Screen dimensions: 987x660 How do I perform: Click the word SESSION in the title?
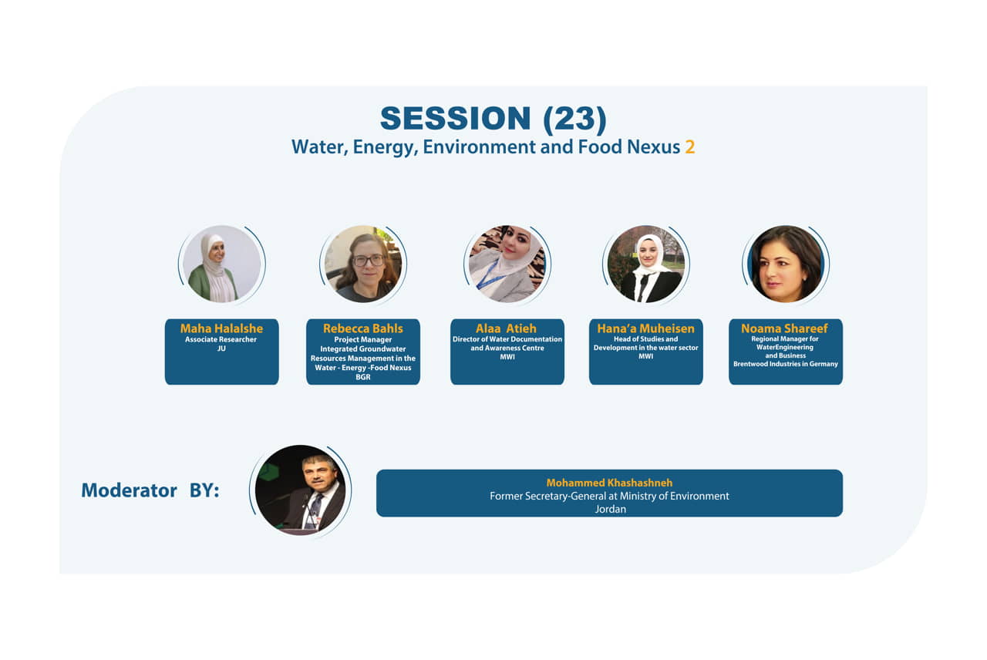pyautogui.click(x=455, y=119)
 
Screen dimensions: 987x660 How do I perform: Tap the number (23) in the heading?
pyautogui.click(x=575, y=119)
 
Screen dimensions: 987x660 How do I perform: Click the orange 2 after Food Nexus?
pyautogui.click(x=689, y=147)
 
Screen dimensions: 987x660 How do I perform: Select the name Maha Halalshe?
pyautogui.click(x=221, y=328)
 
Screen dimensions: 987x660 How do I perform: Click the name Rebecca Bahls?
pyautogui.click(x=363, y=328)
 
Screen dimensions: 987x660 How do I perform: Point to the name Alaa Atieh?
pyautogui.click(x=506, y=328)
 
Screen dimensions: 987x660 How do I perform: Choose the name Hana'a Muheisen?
pyautogui.click(x=645, y=328)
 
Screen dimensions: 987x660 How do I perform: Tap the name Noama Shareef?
pyautogui.click(x=784, y=328)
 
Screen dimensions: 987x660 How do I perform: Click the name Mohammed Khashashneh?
pyautogui.click(x=609, y=483)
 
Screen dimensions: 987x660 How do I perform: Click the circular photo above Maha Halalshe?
pyautogui.click(x=221, y=264)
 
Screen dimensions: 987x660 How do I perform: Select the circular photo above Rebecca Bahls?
pyautogui.click(x=363, y=264)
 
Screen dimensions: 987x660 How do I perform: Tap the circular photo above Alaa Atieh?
pyautogui.click(x=507, y=264)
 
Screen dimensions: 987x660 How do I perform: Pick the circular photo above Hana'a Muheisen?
pyautogui.click(x=646, y=264)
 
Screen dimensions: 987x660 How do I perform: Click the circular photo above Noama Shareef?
pyautogui.click(x=786, y=264)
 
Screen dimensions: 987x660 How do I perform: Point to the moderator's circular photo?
pyautogui.click(x=301, y=490)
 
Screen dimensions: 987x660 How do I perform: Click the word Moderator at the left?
pyautogui.click(x=129, y=490)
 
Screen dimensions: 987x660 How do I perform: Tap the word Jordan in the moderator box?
pyautogui.click(x=610, y=510)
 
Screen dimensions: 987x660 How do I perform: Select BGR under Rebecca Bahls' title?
pyautogui.click(x=363, y=377)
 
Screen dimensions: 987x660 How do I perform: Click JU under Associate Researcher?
pyautogui.click(x=221, y=349)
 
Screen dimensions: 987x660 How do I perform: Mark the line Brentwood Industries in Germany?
pyautogui.click(x=786, y=364)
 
